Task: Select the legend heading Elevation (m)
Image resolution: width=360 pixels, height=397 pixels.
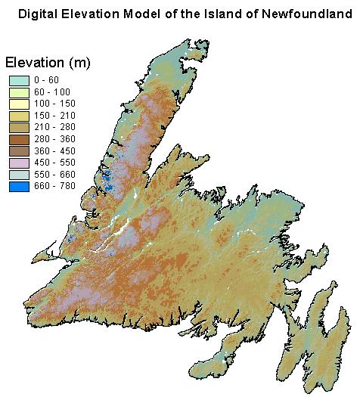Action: point(47,62)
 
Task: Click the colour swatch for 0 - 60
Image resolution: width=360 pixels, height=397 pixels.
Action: point(19,80)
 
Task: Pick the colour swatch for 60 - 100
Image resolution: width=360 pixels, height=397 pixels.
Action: point(19,91)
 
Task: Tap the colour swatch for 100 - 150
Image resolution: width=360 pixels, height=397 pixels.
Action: point(19,103)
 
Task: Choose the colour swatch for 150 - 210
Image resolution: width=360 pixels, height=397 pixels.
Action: point(19,115)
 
